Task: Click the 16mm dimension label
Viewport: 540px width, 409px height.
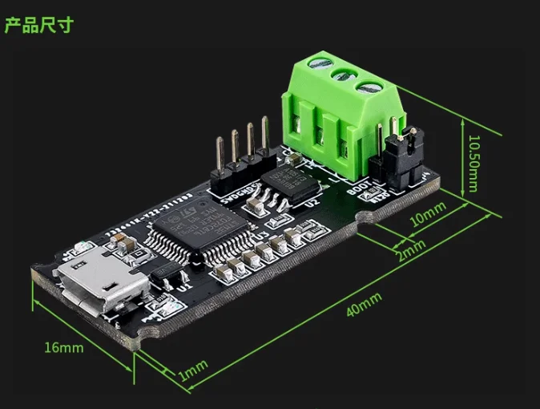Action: click(64, 348)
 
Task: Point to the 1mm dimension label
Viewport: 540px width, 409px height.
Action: click(193, 369)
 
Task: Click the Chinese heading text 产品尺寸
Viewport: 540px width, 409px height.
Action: click(38, 25)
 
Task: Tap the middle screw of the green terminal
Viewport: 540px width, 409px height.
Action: click(341, 76)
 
